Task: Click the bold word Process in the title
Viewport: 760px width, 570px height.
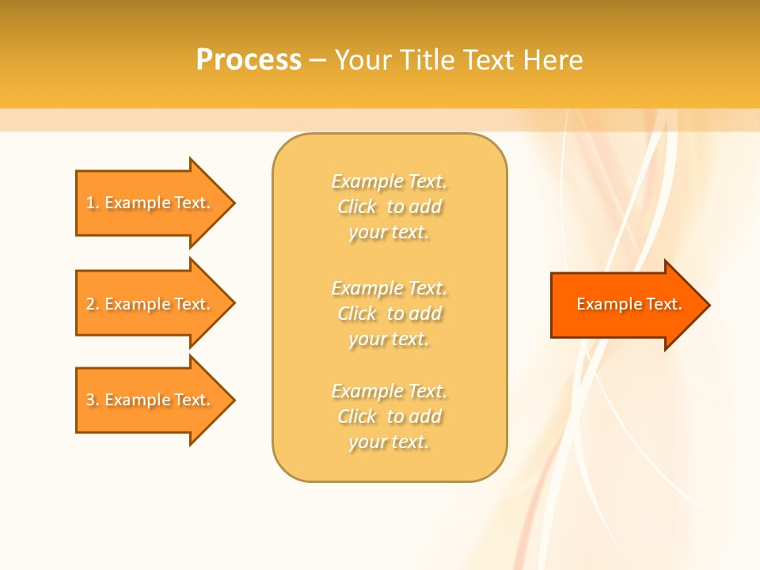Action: tap(249, 60)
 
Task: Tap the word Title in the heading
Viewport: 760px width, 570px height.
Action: tap(427, 60)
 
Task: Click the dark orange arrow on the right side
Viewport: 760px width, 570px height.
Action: tap(625, 305)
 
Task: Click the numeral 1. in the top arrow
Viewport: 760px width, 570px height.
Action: tap(92, 203)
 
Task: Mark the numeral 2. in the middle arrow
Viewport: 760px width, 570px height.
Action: tap(92, 304)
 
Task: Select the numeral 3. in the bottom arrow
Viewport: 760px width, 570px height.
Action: tap(92, 400)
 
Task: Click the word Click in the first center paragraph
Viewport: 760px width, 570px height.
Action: tap(357, 207)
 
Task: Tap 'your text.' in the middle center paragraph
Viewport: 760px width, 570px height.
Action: tap(389, 339)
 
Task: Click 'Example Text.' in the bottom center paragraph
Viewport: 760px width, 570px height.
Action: tap(389, 391)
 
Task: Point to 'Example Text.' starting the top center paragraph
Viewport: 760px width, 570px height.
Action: tap(389, 181)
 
